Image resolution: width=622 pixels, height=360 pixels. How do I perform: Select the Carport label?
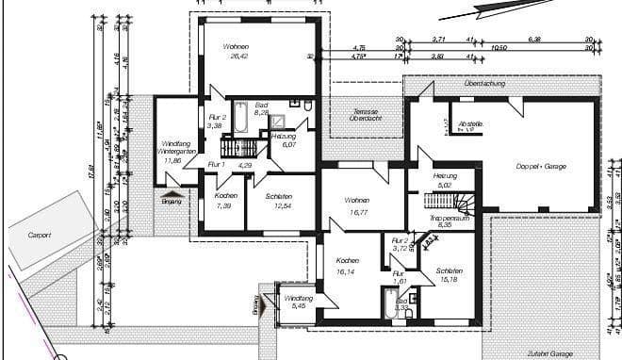(x=39, y=234)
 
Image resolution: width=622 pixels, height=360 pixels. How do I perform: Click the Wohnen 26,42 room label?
(x=236, y=51)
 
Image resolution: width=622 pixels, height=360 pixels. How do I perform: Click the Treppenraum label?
(x=449, y=221)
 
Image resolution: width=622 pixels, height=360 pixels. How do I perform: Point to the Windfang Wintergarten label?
(x=172, y=151)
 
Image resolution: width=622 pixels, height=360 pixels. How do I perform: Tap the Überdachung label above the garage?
(x=484, y=84)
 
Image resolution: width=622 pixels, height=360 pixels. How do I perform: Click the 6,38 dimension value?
(x=534, y=40)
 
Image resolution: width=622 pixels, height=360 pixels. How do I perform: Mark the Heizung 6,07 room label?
(x=284, y=140)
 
